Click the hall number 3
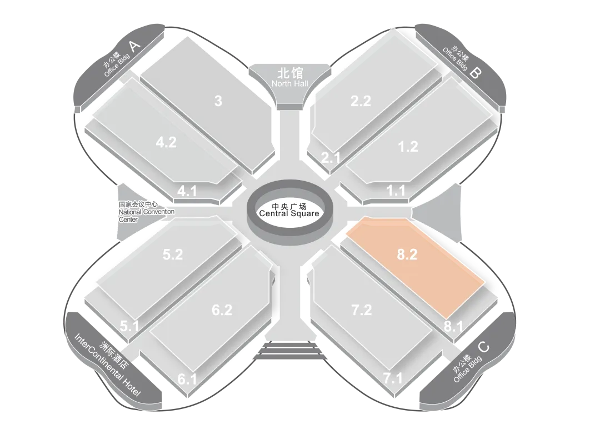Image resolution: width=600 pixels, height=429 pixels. (218, 101)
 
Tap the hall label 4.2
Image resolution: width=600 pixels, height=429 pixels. (167, 142)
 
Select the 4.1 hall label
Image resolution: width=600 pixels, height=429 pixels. (187, 191)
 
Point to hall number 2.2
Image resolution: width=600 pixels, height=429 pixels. (361, 101)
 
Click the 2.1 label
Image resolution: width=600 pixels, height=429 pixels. (331, 157)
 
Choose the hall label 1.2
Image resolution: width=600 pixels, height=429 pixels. (408, 146)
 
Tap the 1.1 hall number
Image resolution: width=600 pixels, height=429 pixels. (396, 190)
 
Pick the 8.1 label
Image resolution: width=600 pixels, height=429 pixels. (453, 326)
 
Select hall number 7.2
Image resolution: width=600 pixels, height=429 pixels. (362, 310)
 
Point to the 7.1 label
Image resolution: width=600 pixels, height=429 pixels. (393, 378)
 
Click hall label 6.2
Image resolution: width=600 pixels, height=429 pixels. (222, 310)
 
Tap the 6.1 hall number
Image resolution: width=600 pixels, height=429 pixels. (188, 379)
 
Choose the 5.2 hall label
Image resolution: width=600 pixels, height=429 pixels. (173, 254)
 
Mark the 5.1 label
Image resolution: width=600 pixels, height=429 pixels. (129, 326)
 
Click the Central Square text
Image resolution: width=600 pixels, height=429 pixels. (289, 213)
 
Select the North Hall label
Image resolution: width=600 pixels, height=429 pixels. (289, 83)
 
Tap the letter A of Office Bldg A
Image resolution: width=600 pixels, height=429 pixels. (134, 46)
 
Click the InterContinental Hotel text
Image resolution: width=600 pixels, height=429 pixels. (107, 365)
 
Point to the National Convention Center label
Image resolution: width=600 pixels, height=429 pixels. (147, 212)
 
